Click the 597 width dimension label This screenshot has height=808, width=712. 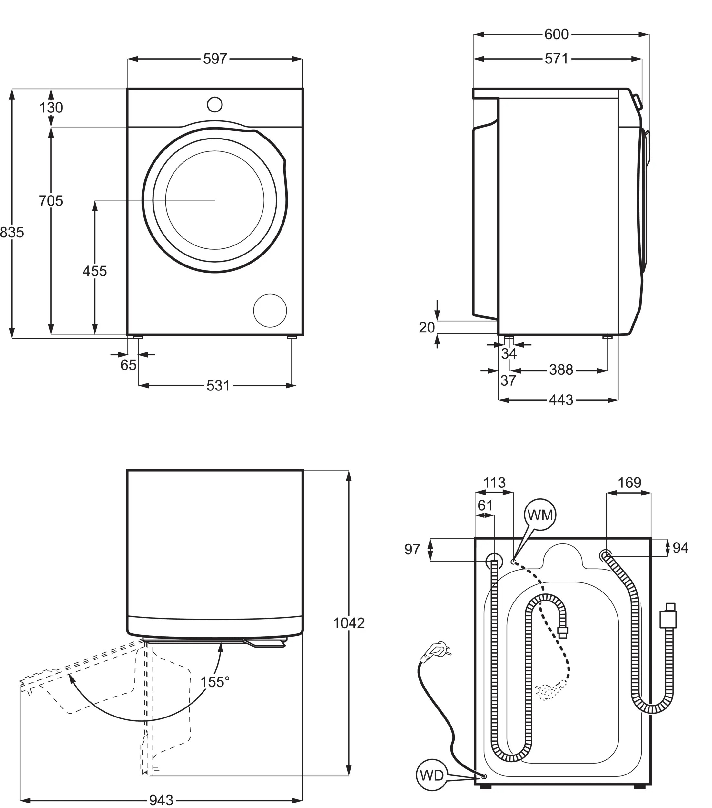click(x=215, y=59)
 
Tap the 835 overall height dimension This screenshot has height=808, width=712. click(x=12, y=232)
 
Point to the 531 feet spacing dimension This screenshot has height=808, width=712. click(x=218, y=385)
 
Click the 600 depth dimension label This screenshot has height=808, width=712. click(x=556, y=34)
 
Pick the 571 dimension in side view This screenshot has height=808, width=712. click(x=556, y=59)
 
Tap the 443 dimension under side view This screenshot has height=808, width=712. click(x=561, y=400)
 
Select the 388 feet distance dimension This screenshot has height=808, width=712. click(x=561, y=370)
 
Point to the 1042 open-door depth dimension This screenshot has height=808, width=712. click(x=349, y=623)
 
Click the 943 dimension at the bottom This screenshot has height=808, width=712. click(x=161, y=800)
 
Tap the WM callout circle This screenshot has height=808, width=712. click(x=540, y=515)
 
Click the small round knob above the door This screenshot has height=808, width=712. click(x=214, y=104)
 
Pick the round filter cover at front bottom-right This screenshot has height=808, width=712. click(x=270, y=310)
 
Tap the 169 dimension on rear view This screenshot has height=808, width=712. click(x=629, y=483)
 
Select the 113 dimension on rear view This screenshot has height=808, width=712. click(x=494, y=483)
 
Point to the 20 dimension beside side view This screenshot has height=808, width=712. click(x=427, y=327)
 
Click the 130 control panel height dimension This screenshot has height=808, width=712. click(x=51, y=108)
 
